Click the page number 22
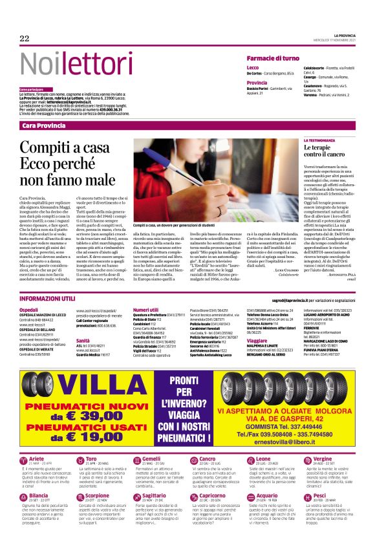tap(25, 39)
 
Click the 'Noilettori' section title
tap(67, 63)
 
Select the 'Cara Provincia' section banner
tap(44, 125)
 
